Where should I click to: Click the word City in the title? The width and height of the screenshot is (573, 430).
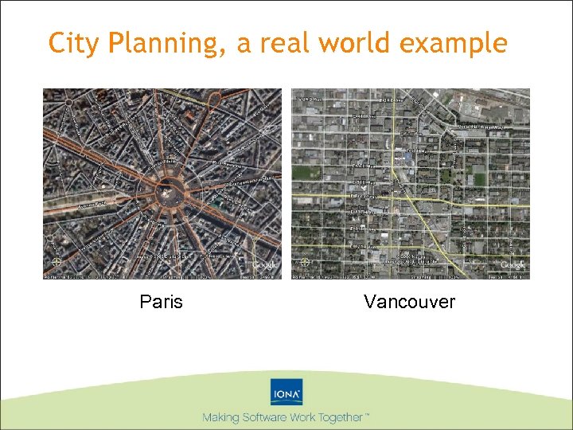click(x=68, y=43)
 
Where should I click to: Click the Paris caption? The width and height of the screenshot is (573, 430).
click(x=161, y=303)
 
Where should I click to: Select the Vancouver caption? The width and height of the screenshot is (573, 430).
click(x=409, y=303)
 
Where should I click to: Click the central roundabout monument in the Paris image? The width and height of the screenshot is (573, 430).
click(x=168, y=190)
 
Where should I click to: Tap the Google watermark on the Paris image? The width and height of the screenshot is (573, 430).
click(x=265, y=265)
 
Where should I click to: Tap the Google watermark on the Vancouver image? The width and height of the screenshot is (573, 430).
click(x=513, y=265)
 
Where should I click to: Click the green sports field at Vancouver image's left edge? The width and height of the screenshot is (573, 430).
click(x=302, y=172)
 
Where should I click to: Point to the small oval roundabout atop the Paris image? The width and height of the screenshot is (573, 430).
click(x=213, y=98)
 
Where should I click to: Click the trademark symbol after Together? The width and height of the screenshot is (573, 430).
click(x=368, y=415)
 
